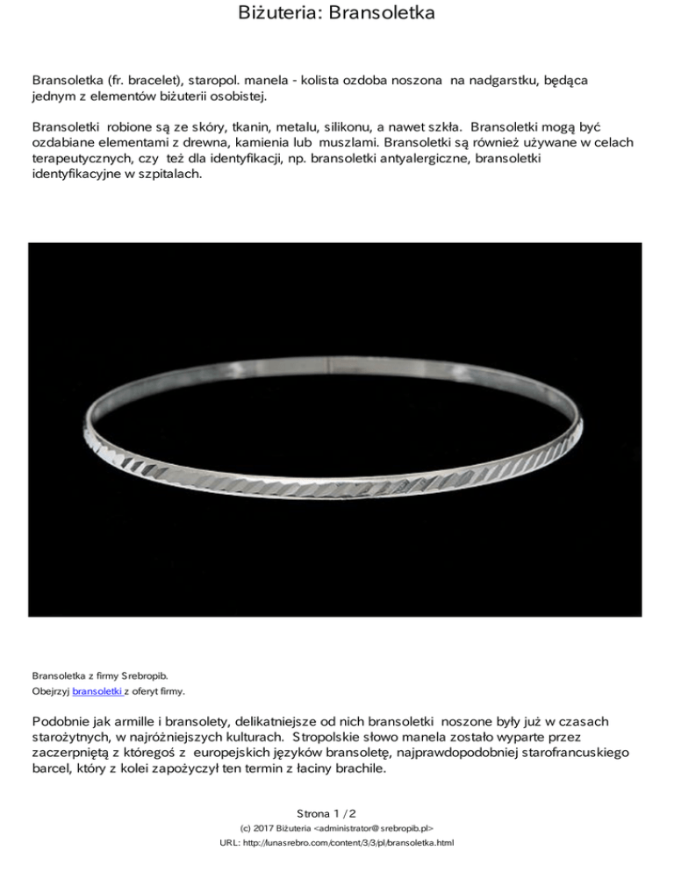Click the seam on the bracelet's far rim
coord(329,361)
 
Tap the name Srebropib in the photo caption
coord(141,676)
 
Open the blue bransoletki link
coord(97,692)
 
